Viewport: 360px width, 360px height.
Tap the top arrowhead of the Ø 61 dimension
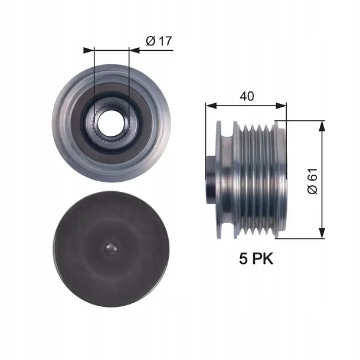point(322,125)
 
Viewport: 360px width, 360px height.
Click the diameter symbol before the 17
point(150,42)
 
